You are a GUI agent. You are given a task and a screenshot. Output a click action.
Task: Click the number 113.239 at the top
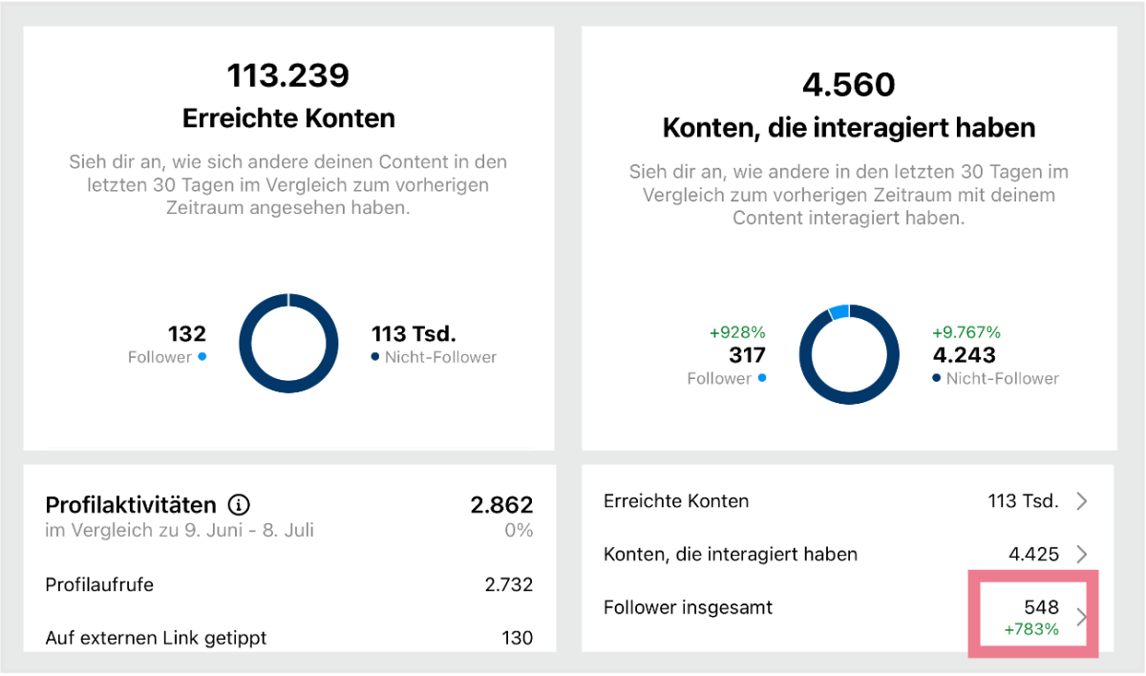pos(287,75)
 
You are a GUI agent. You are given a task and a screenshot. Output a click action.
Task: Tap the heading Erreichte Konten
pos(287,118)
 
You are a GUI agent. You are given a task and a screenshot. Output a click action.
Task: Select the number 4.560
pos(848,85)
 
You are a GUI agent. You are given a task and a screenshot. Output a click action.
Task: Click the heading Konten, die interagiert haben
pos(848,128)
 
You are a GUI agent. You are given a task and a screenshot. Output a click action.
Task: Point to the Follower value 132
pos(187,334)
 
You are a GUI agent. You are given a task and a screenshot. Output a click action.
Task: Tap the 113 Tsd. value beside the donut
pos(414,334)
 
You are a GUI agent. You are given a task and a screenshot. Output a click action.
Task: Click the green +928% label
pos(737,332)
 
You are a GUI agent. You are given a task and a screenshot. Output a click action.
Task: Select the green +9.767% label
pos(966,332)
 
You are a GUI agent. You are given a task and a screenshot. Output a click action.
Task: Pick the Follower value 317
pos(747,355)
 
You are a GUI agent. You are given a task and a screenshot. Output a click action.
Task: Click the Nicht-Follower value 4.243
pos(964,355)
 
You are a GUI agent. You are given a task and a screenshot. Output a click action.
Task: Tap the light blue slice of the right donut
pos(838,311)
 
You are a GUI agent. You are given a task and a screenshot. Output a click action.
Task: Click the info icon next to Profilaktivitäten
pos(240,504)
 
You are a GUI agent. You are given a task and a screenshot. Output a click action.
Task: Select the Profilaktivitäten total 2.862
pos(501,504)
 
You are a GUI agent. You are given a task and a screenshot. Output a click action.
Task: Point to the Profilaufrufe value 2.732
pos(508,584)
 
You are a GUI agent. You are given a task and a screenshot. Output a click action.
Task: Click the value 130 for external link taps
pos(517,638)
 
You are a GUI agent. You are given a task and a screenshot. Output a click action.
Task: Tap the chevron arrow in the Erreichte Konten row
pos(1081,501)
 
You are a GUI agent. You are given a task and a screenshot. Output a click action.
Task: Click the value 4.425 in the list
pos(1033,554)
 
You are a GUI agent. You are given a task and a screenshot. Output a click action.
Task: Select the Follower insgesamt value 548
pos(1041,607)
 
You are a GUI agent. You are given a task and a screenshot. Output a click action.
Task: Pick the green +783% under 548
pos(1031,629)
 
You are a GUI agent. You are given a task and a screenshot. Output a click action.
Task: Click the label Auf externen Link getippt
pos(156,638)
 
